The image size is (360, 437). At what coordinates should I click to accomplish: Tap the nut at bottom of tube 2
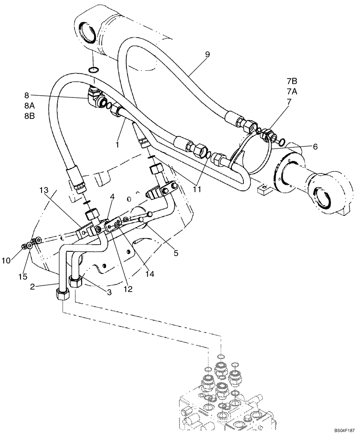[x=62, y=295]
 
